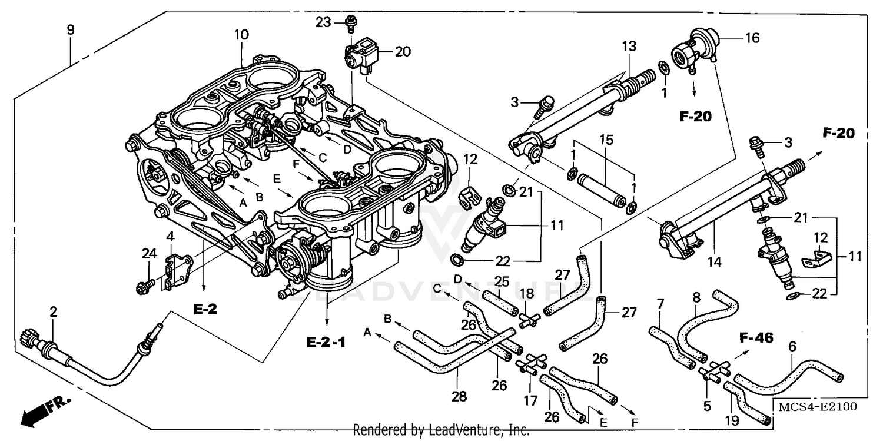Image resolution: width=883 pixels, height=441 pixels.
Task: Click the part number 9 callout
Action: pos(71,29)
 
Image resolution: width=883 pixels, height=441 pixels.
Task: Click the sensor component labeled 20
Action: pos(360,57)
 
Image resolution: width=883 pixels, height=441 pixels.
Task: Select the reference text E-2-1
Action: pos(326,341)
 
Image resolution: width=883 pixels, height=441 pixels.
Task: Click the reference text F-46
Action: pos(756,338)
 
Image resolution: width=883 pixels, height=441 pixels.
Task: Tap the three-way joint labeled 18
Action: pos(529,319)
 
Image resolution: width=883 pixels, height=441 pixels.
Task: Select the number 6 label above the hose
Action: pos(792,347)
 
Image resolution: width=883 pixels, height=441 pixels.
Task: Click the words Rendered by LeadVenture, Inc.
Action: pos(441,430)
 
